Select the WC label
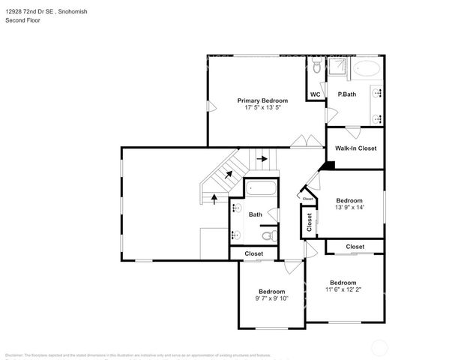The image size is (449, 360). point(316,94)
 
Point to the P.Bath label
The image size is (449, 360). point(346,94)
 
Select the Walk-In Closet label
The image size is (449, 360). point(355,148)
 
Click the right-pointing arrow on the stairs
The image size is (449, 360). point(262,159)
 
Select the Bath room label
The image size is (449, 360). point(255,214)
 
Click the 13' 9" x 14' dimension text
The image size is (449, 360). point(349,208)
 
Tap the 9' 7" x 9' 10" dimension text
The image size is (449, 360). point(271,298)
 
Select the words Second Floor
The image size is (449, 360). point(23,20)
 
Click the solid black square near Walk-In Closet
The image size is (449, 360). point(325,166)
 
